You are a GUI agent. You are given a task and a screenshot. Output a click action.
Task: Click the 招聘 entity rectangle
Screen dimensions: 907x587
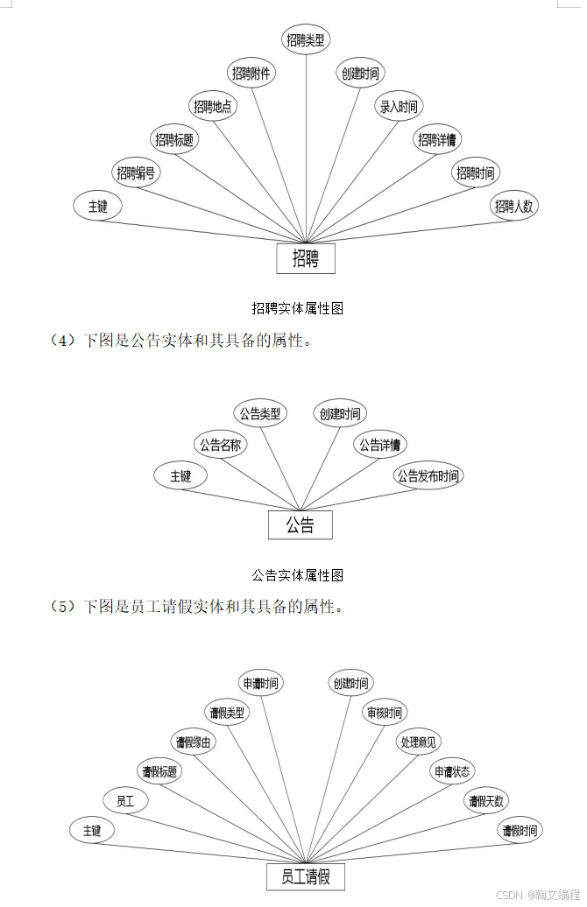point(306,259)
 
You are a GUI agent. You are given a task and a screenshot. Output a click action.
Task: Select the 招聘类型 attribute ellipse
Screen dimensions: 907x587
point(306,39)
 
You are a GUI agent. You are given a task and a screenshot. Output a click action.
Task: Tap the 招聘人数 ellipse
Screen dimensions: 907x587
point(514,207)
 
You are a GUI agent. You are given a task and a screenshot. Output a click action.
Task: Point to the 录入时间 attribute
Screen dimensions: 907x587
point(399,107)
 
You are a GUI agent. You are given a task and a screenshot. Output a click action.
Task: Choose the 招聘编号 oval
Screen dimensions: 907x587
point(137,173)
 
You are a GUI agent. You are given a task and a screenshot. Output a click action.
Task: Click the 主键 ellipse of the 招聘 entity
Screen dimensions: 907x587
point(97,207)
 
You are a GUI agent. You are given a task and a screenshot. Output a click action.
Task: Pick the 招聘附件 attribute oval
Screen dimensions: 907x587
point(251,74)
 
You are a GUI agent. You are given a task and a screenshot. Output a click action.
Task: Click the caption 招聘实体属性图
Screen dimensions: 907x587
point(297,308)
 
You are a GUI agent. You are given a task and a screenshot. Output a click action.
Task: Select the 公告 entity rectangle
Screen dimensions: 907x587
point(301,525)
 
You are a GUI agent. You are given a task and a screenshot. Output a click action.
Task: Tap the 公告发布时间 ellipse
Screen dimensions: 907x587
point(428,476)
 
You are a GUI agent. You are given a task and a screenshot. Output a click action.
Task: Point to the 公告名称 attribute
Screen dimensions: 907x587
point(221,445)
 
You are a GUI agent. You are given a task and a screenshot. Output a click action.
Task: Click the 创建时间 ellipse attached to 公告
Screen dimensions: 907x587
point(339,413)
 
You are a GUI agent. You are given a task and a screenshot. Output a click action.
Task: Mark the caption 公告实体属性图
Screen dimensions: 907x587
point(297,575)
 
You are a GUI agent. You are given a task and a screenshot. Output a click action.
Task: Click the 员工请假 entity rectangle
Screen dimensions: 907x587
point(306,876)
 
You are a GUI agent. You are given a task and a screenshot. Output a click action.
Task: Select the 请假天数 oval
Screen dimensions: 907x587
point(487,800)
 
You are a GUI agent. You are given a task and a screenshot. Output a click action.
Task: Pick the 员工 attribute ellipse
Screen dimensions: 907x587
point(126,800)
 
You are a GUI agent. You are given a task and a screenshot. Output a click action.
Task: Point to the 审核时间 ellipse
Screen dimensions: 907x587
point(384,713)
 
